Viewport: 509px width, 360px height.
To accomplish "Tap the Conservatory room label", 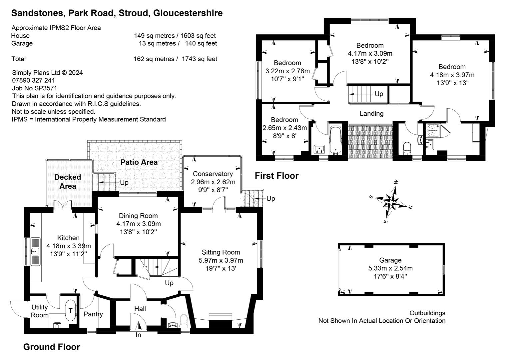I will [x=213, y=174].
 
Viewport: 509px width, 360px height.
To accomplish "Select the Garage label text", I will [x=390, y=260].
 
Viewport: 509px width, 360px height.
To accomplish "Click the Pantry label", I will [x=93, y=314].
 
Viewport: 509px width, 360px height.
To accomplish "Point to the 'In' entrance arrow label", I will [x=138, y=335].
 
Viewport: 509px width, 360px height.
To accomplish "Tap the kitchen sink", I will [x=35, y=251].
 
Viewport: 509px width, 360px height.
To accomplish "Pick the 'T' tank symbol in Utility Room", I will [x=70, y=311].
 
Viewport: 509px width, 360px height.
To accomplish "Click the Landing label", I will [x=371, y=114].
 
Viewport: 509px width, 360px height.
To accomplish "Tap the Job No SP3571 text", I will [x=35, y=88].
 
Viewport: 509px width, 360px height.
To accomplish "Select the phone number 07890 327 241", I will [x=34, y=80].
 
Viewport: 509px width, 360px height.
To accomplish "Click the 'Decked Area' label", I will [x=68, y=182].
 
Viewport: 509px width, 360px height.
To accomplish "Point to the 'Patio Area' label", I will [x=139, y=162].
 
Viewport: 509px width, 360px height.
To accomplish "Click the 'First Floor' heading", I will [x=276, y=176].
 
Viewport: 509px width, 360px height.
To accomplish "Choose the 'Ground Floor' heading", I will [x=52, y=347].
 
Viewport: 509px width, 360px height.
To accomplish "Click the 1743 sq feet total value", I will [x=200, y=59].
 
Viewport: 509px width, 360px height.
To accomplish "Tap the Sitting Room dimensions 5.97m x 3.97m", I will [x=221, y=260].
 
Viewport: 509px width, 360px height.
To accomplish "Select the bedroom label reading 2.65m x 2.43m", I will [x=284, y=128].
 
